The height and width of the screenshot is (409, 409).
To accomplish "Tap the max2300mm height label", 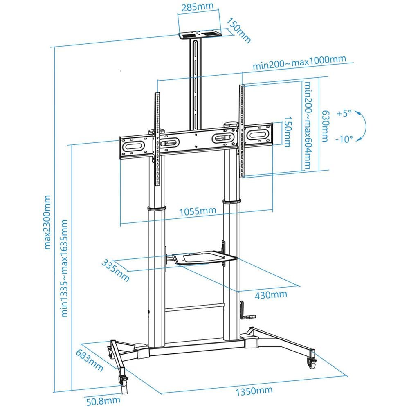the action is click(x=47, y=222).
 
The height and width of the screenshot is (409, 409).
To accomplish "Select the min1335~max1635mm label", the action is click(x=64, y=268).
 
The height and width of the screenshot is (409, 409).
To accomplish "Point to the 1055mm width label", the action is click(x=198, y=211).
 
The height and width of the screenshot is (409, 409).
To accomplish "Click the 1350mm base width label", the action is click(x=254, y=391).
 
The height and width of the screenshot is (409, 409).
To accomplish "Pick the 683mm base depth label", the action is click(x=90, y=360).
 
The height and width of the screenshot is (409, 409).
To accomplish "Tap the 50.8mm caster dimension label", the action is click(x=103, y=401).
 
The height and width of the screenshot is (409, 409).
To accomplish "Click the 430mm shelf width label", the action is click(x=271, y=295).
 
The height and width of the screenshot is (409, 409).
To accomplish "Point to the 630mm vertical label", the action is click(x=325, y=126).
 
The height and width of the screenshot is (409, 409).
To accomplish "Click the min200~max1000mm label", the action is click(x=299, y=62).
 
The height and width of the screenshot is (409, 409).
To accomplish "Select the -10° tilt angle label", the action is click(x=344, y=139).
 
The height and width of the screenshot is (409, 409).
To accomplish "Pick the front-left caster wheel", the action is click(x=123, y=380).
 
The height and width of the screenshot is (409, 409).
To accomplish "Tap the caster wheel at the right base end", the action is click(x=312, y=362).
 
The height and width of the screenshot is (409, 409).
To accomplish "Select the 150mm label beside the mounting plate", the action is click(x=287, y=132).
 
